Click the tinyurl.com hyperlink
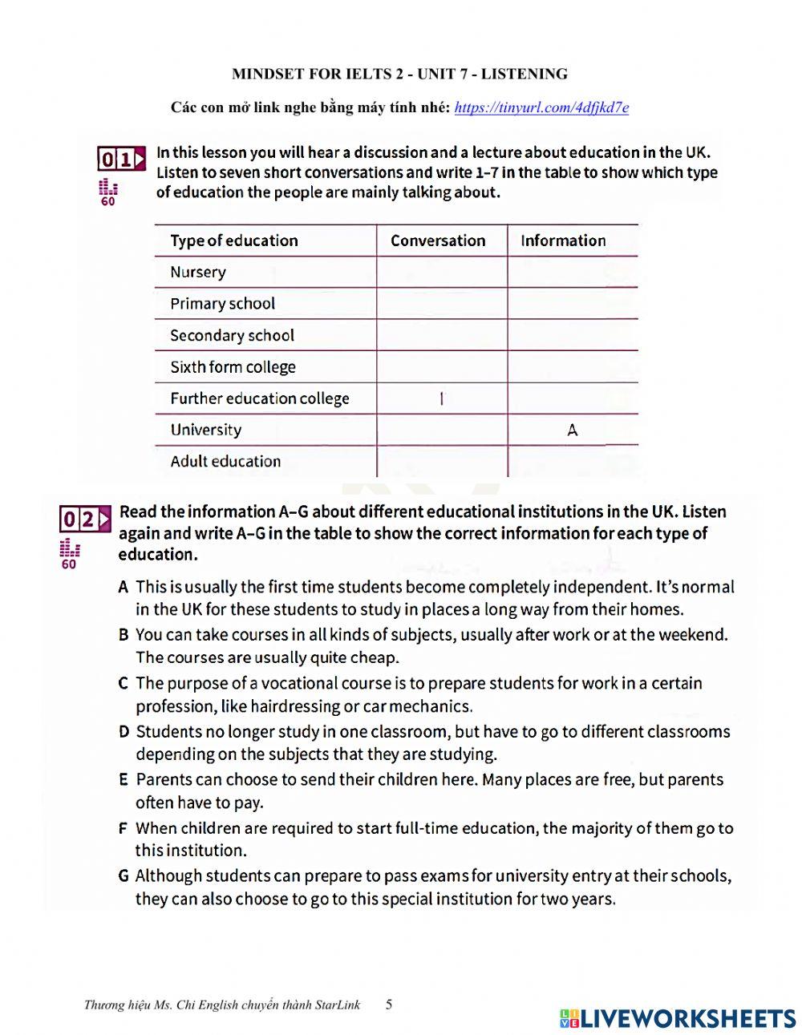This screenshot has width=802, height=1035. pos(541,107)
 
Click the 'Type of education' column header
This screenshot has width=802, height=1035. pos(233,241)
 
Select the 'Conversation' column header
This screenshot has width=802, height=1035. pos(438,241)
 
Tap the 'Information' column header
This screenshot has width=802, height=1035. pos(563,241)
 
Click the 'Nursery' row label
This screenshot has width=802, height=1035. pos(198,272)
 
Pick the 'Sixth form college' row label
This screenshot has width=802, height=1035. pos(233,367)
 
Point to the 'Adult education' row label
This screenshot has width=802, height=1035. pos(225,461)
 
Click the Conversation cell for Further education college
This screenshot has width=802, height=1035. pos(441,398)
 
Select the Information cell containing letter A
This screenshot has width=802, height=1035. pos(572,430)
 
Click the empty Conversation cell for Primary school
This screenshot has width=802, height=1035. pos(441,304)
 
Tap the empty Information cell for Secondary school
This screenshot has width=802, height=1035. pos(572,335)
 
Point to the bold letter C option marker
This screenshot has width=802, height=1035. pos(123,684)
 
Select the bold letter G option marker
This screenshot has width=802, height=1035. pos(124,875)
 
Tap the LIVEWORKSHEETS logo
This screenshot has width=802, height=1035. pos(678,1017)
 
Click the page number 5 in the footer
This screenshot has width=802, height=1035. pos(389,1004)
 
